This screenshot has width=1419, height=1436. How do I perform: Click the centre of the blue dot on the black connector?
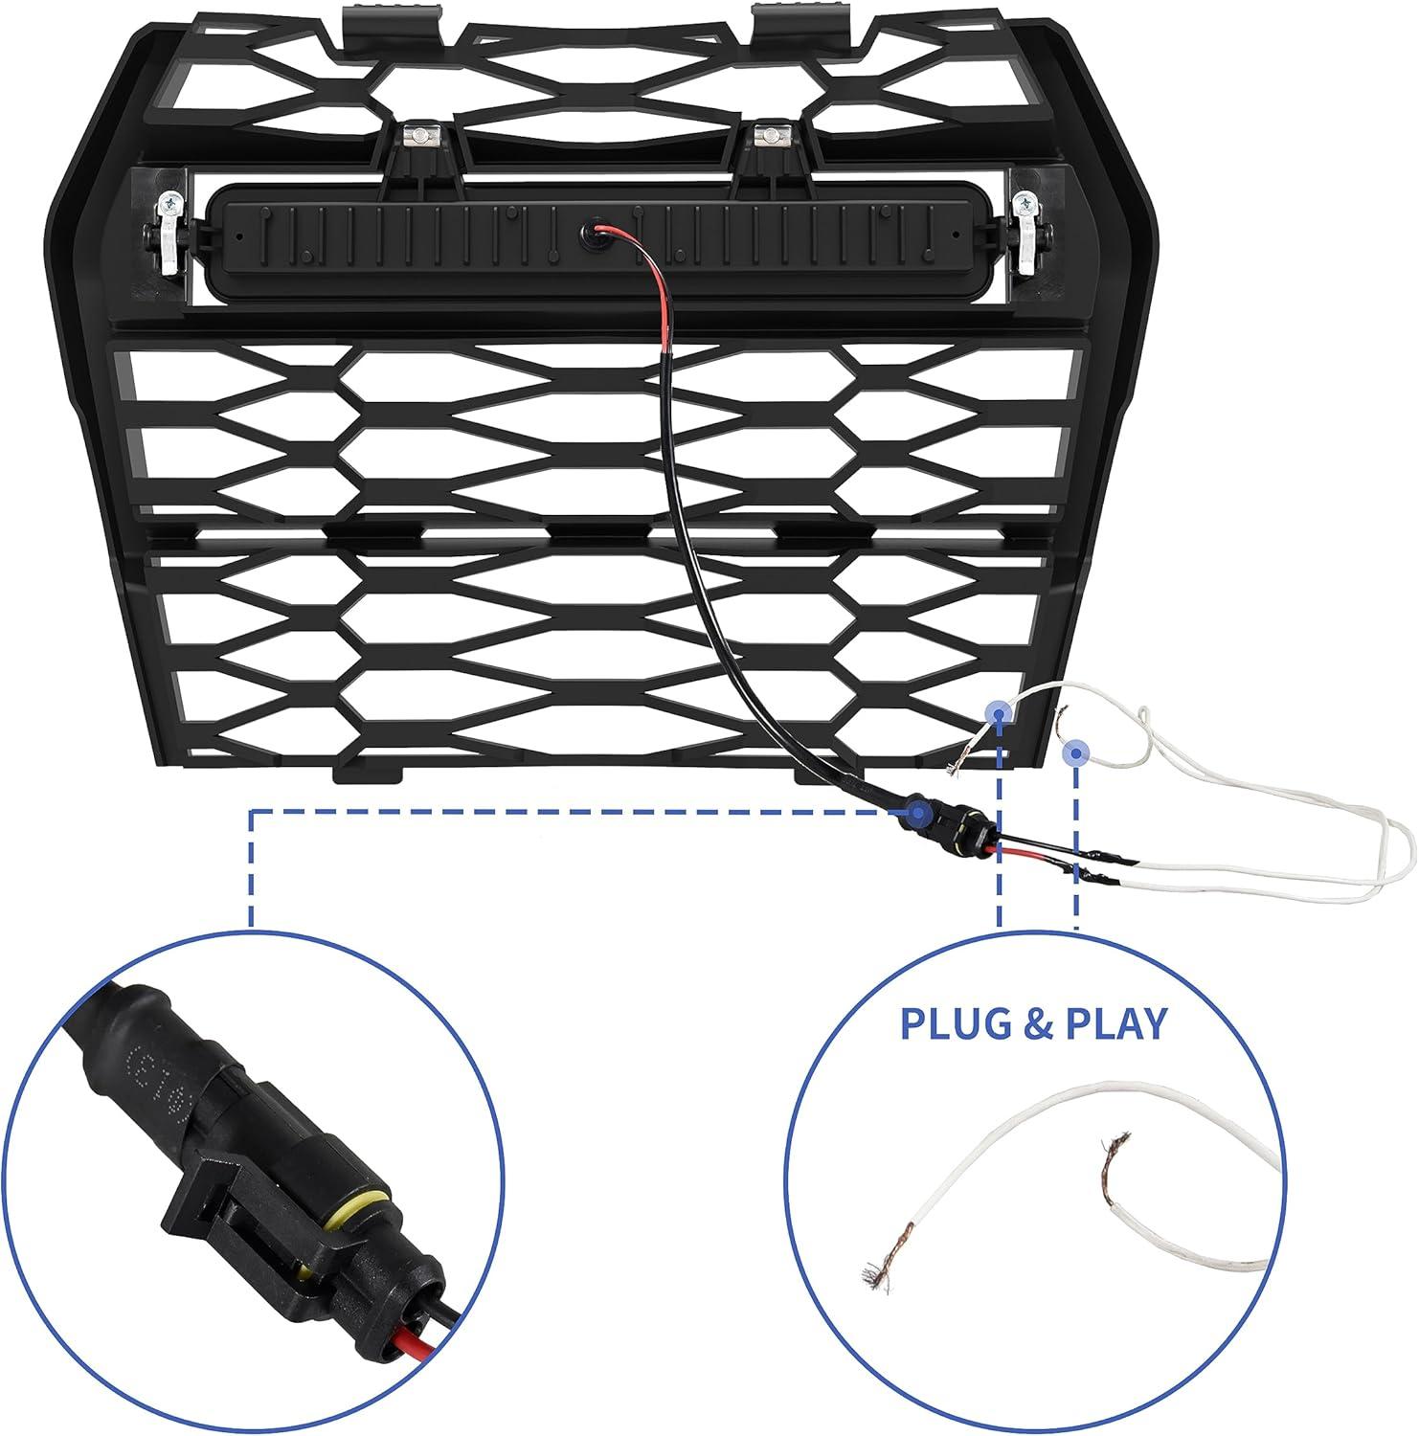[918, 813]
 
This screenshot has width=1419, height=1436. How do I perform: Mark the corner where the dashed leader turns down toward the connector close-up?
[252, 812]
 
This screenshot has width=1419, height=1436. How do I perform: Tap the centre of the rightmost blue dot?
[1076, 752]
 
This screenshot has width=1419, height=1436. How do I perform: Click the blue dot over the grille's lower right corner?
[998, 712]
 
